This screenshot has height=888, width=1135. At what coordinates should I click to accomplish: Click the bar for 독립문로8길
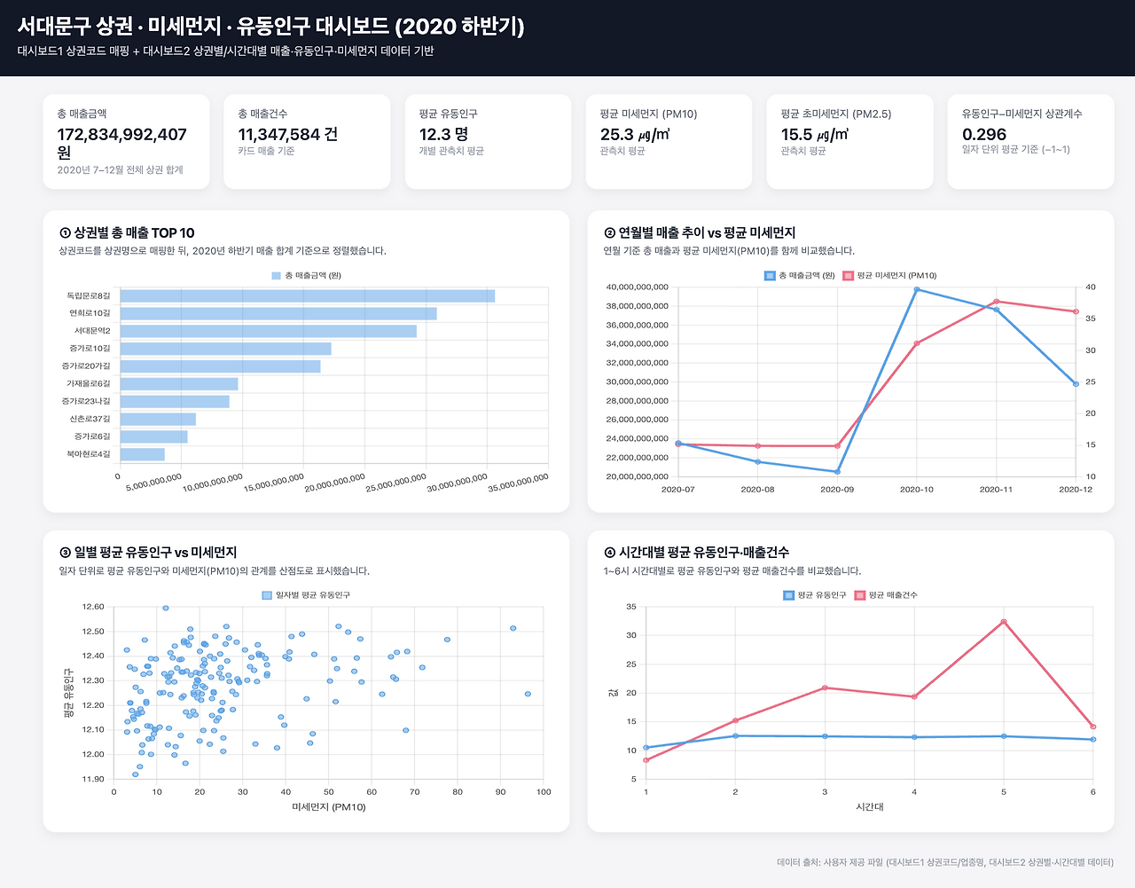click(x=307, y=296)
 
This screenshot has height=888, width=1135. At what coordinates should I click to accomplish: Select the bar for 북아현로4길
click(x=143, y=454)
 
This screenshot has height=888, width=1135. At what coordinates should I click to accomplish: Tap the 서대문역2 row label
click(x=91, y=331)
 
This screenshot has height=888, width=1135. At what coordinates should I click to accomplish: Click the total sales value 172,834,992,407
click(x=121, y=135)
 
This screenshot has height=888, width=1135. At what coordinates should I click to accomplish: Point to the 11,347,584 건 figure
click(x=287, y=135)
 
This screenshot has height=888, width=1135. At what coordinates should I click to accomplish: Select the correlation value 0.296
click(x=984, y=135)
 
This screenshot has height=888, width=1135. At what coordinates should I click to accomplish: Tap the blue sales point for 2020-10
click(x=916, y=289)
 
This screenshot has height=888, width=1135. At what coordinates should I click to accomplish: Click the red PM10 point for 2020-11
click(x=996, y=302)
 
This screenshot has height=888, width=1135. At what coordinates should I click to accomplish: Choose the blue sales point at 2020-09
click(x=837, y=471)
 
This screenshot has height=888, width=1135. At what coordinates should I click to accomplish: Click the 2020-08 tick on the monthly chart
click(x=757, y=490)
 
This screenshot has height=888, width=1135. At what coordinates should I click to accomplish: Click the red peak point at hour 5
click(x=1004, y=622)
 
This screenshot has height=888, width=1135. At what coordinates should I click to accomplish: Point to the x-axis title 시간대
click(x=869, y=807)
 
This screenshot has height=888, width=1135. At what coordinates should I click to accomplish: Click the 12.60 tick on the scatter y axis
click(x=93, y=608)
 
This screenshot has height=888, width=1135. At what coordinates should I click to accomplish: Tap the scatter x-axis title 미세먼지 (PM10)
click(x=328, y=807)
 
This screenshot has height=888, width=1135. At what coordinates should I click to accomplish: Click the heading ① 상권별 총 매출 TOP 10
click(x=127, y=233)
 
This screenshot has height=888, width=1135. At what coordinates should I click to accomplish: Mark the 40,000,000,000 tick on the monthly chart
click(x=637, y=287)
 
